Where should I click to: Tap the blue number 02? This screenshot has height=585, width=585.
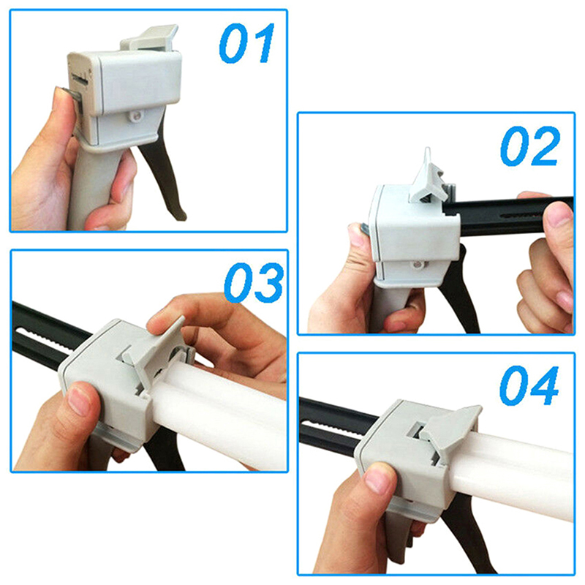[530, 146]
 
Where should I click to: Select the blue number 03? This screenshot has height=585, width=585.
[254, 282]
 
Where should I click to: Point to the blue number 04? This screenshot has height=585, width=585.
[529, 385]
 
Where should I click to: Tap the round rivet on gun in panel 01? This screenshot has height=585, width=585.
[136, 117]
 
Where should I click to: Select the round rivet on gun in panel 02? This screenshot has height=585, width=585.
[417, 265]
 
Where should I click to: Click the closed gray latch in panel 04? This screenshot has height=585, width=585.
[453, 429]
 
